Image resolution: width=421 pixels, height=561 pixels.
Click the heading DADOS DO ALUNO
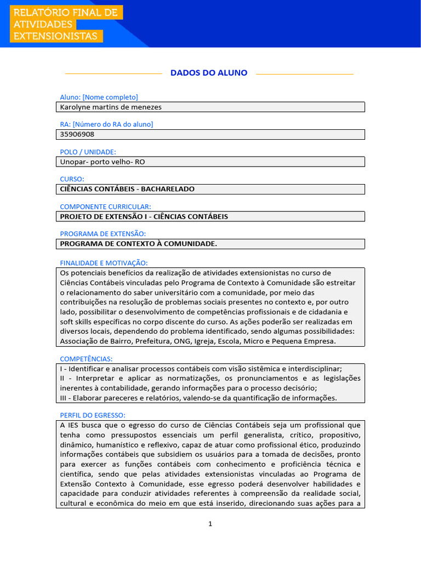(x=209, y=73)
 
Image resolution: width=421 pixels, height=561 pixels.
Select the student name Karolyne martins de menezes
(x=111, y=107)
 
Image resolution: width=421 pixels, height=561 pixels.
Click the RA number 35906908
(x=77, y=134)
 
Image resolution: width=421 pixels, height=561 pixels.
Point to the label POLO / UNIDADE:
(x=88, y=152)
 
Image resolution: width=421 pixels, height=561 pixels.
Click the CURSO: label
(x=72, y=179)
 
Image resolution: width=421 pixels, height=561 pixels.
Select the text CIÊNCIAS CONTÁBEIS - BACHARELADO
(x=127, y=189)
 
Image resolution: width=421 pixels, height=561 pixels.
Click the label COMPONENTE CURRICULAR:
(x=105, y=207)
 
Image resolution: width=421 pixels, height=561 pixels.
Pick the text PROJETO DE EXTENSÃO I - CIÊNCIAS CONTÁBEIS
(x=144, y=216)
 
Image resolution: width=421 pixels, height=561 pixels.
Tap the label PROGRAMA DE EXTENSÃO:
(x=103, y=234)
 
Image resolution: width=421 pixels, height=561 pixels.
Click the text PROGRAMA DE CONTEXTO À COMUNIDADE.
(x=138, y=244)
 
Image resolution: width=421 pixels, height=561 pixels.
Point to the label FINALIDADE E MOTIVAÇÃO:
(x=104, y=263)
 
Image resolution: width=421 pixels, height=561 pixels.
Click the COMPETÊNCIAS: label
(x=86, y=359)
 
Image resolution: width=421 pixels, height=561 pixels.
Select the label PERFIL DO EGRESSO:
(x=93, y=415)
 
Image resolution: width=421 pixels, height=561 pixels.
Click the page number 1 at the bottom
(x=210, y=524)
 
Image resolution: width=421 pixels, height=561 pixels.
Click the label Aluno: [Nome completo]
(x=99, y=97)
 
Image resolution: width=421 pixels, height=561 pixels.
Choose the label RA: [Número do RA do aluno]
(x=106, y=124)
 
